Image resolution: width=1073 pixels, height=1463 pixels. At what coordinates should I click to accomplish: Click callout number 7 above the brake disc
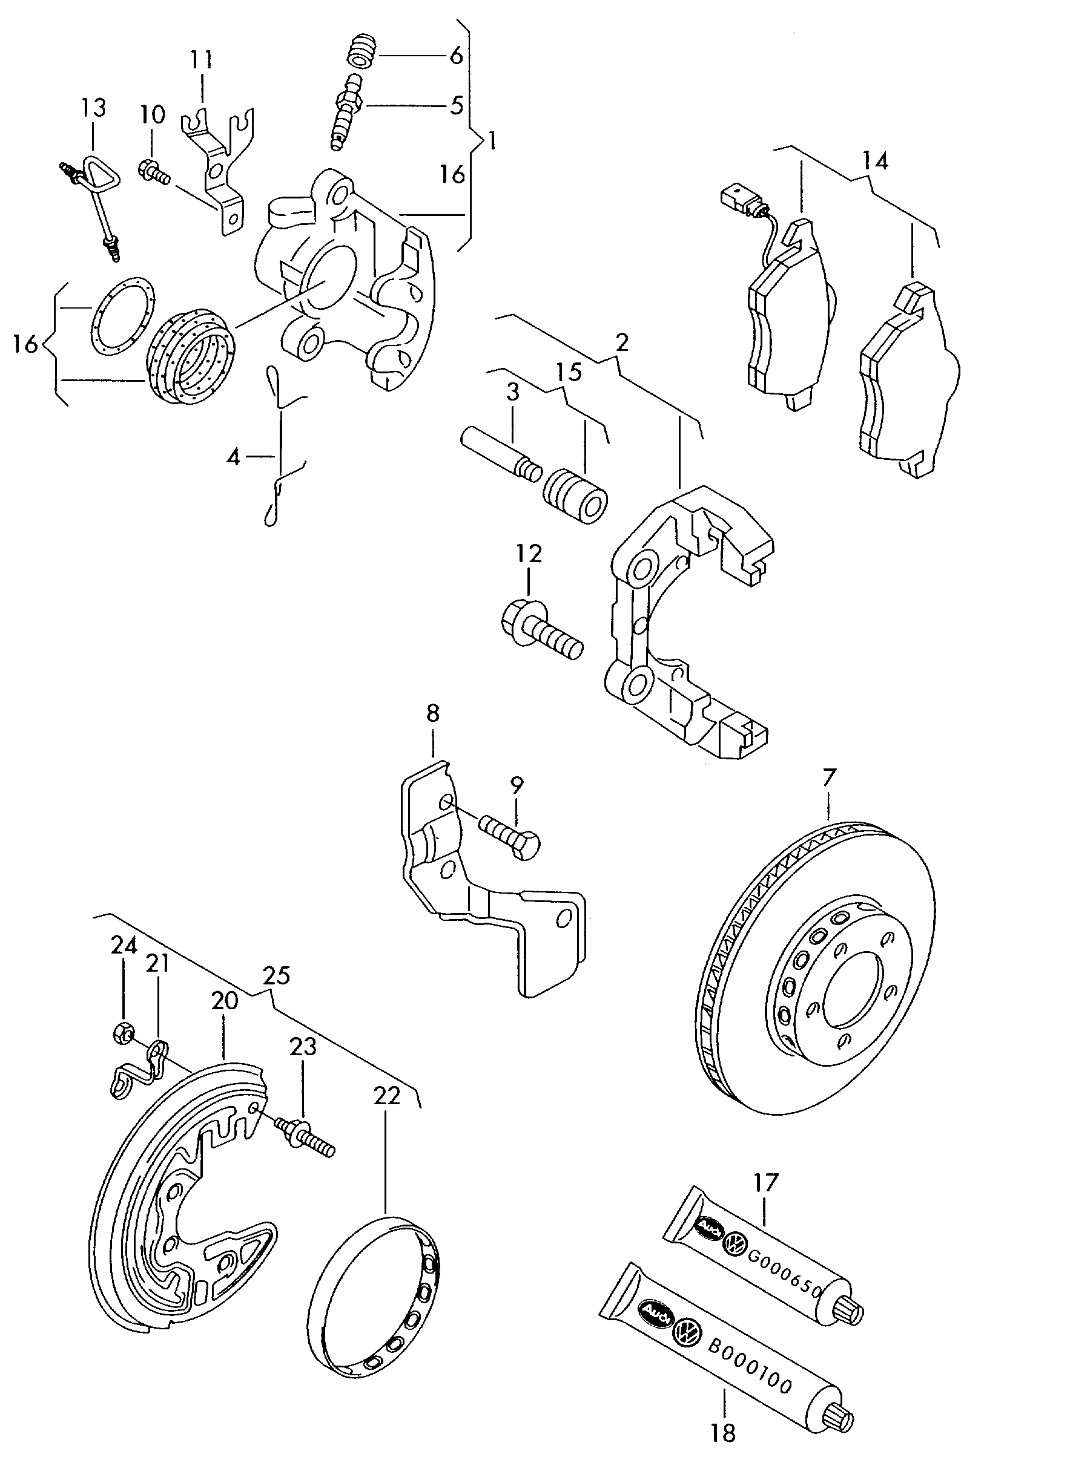[x=830, y=777]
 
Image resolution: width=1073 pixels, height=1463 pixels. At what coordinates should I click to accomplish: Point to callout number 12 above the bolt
[x=529, y=554]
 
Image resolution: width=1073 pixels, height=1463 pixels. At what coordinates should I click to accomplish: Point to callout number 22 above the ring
[x=386, y=1096]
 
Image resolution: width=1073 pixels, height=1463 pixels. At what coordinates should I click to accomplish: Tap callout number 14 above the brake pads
[x=875, y=160]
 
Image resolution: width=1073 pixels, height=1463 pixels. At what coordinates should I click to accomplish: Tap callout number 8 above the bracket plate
[x=432, y=713]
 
